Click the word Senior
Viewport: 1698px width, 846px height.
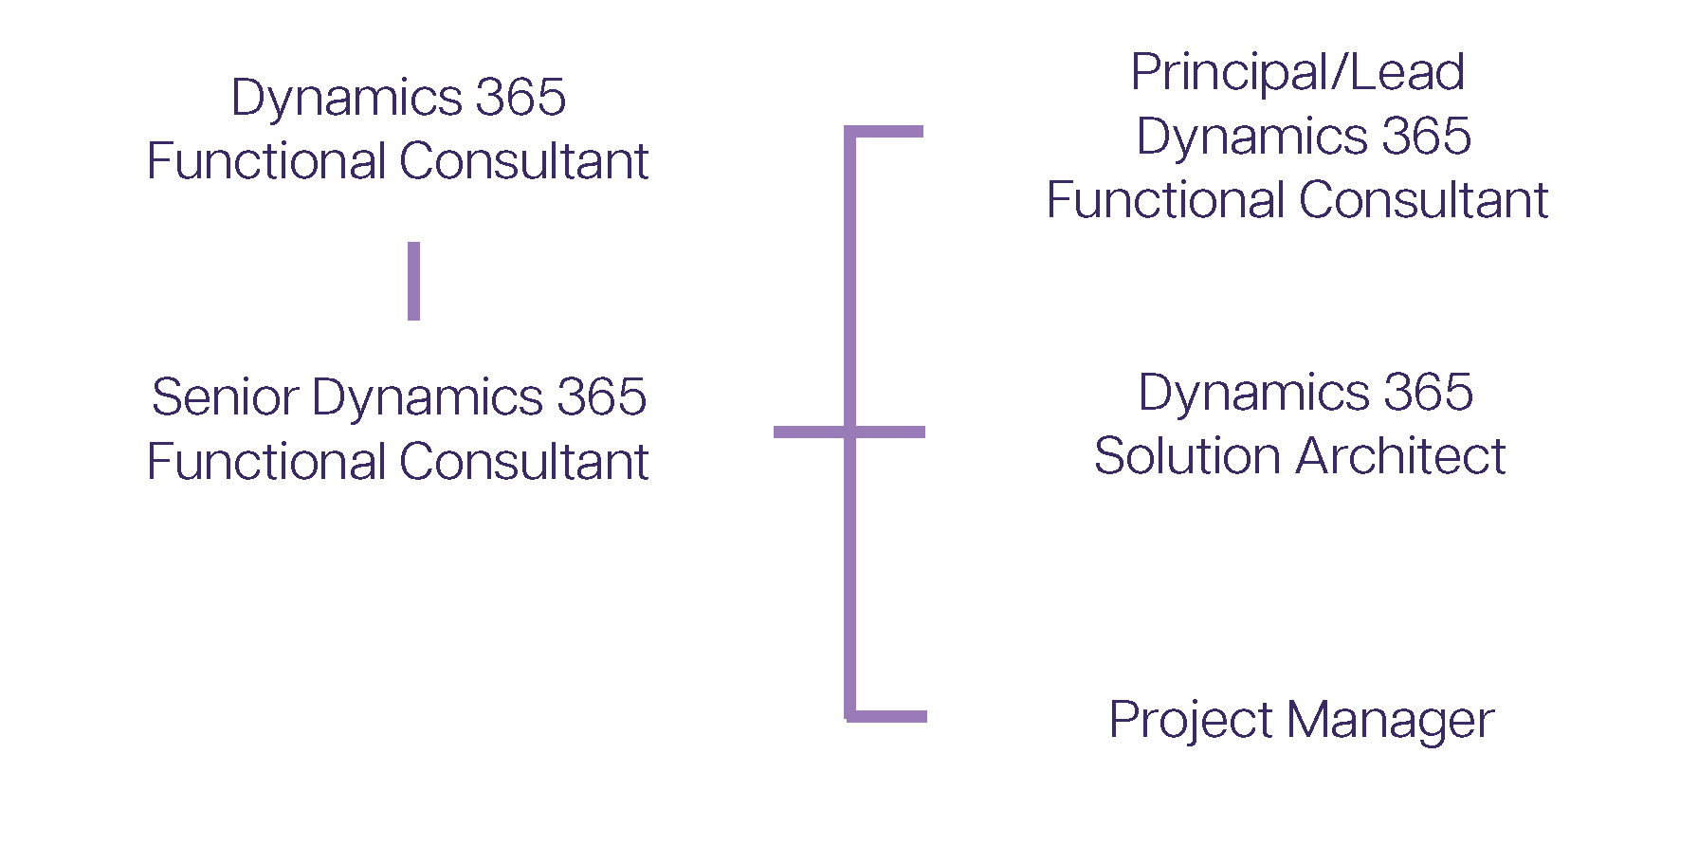click(226, 396)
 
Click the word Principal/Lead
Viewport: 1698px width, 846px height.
click(1298, 73)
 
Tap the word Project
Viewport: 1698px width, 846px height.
click(1190, 721)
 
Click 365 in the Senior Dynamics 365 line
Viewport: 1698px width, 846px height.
click(601, 396)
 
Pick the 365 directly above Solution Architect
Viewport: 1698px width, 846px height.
click(1428, 392)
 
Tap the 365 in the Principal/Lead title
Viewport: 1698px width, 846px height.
click(1426, 137)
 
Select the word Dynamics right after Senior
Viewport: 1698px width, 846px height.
click(427, 398)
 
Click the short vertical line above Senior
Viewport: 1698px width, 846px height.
click(413, 281)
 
